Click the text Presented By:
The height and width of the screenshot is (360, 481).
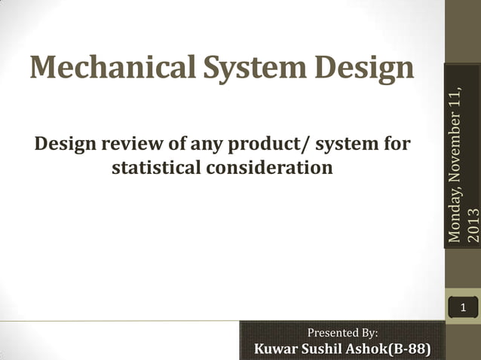(x=343, y=332)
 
